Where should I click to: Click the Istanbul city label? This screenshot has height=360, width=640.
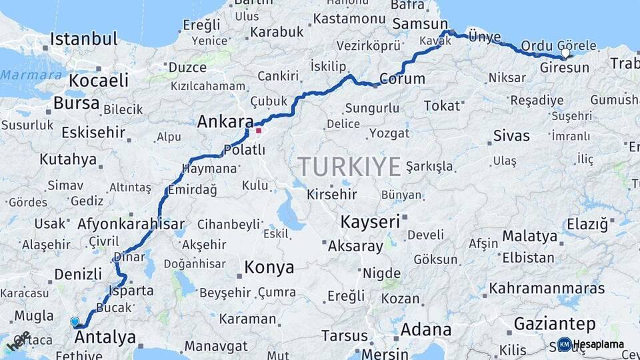[x=84, y=39]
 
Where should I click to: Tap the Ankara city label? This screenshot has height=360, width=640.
[x=225, y=122]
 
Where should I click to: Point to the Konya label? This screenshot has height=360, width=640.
[x=269, y=268]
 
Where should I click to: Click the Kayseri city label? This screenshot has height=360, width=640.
[x=370, y=221]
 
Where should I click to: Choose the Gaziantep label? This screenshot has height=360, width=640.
[x=555, y=325]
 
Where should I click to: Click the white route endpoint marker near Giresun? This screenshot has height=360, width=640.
[x=566, y=53]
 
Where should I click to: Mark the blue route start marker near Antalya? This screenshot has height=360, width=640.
[x=75, y=321]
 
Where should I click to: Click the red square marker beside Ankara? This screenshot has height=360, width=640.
[x=259, y=131]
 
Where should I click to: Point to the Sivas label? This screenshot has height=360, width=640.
[x=511, y=136]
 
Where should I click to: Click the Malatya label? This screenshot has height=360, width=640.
[x=529, y=236]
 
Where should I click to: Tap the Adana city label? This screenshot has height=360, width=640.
[x=425, y=330]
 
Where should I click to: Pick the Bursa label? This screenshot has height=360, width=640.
[x=77, y=103]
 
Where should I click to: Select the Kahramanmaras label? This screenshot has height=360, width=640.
[x=547, y=289]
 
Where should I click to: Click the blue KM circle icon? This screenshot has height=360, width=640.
[x=564, y=345]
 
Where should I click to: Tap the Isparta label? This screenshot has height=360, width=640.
[x=133, y=291]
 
